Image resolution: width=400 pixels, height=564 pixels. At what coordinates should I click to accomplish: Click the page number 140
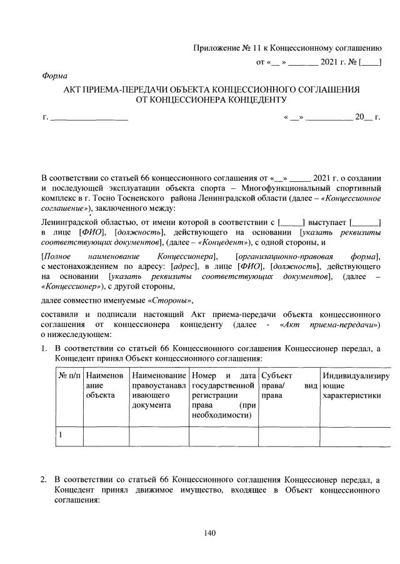tap(209, 533)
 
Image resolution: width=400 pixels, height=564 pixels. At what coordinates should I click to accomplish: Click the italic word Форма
tap(55, 75)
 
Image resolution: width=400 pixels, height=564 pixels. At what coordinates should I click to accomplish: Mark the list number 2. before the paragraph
tap(44, 480)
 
